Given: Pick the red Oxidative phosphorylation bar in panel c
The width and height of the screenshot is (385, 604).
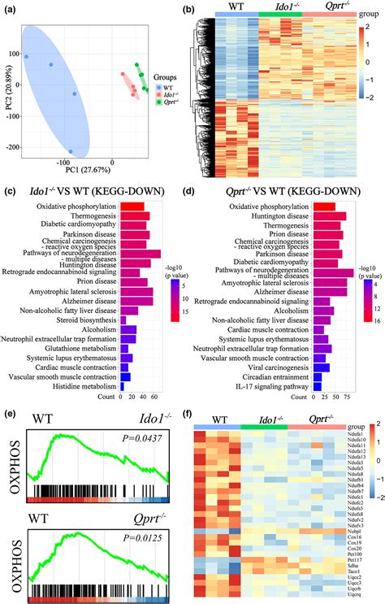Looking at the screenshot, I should point(132,207).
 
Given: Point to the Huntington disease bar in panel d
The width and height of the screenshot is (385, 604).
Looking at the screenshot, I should point(329,219).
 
